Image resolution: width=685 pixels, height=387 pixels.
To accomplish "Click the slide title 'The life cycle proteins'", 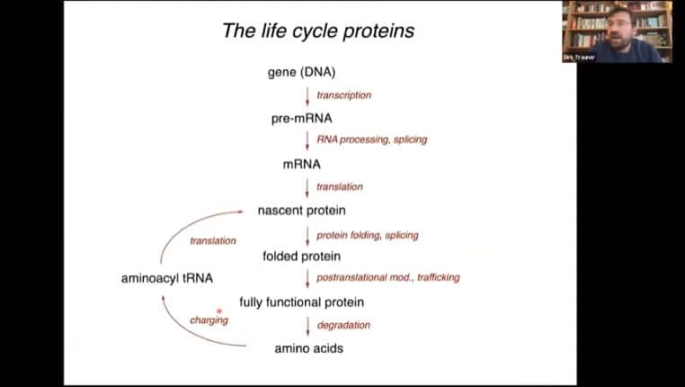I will click(x=318, y=31).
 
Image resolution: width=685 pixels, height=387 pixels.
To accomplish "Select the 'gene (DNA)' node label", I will click(x=302, y=72).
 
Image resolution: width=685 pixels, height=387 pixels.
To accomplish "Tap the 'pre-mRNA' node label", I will click(x=302, y=118).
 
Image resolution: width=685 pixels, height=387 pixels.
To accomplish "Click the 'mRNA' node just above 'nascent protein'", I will click(x=302, y=164).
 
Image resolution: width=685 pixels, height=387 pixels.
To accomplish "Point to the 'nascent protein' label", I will click(x=302, y=211).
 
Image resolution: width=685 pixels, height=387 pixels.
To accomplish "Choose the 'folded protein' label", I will click(x=302, y=256).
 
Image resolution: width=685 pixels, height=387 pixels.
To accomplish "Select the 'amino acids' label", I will click(x=308, y=347).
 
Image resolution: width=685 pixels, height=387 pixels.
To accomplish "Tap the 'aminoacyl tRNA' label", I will click(x=167, y=278).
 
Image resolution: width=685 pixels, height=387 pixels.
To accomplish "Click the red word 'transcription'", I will click(x=343, y=94).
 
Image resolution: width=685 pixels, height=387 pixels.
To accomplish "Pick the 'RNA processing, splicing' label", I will click(x=371, y=140).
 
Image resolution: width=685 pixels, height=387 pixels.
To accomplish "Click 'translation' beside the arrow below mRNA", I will click(x=340, y=187).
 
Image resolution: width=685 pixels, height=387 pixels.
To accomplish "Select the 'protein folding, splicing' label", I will click(x=367, y=235).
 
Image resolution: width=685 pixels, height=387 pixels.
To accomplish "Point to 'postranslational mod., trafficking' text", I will click(x=387, y=278).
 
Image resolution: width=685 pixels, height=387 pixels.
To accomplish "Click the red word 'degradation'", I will click(x=343, y=325).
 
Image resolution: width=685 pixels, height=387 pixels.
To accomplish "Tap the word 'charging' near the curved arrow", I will click(x=209, y=320).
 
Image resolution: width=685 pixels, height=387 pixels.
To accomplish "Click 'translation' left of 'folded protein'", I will click(x=213, y=241).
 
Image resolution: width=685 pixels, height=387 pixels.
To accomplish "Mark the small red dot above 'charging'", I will click(x=219, y=310).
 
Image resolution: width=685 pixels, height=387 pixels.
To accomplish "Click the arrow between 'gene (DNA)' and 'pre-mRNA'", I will click(x=307, y=95).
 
